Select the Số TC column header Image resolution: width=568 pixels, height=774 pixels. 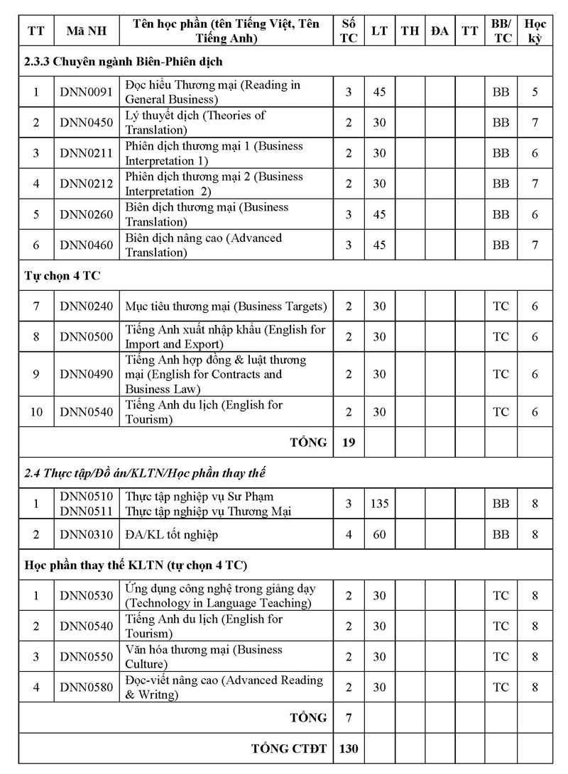tap(349, 31)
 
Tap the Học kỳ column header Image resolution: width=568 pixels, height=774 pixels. tap(535, 31)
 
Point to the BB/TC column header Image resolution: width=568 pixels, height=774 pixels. tap(501, 31)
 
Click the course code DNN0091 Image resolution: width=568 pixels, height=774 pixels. tap(86, 92)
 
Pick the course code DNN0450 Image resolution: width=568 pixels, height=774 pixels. tap(86, 123)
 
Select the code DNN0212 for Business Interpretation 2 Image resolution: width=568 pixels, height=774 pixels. tap(86, 184)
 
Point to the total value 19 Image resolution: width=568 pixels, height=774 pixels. tap(349, 442)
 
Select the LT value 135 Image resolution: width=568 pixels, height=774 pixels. tap(380, 504)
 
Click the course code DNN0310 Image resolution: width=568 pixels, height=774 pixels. tap(86, 534)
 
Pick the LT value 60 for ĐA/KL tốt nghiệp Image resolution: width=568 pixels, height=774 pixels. tap(380, 534)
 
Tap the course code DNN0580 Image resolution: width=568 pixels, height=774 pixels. tap(86, 687)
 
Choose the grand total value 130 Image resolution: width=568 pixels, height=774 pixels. tap(349, 748)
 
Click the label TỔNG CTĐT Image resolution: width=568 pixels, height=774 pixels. tap(289, 748)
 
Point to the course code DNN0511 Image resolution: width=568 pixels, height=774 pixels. tap(86, 511)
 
